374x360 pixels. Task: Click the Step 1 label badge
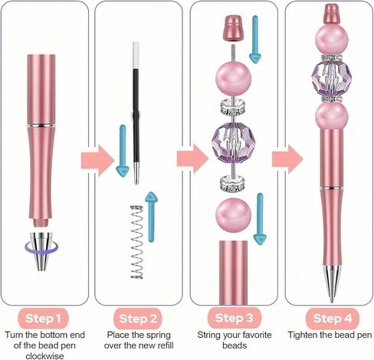click(x=43, y=319)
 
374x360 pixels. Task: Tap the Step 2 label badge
click(x=138, y=319)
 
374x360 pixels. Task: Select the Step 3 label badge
click(x=235, y=318)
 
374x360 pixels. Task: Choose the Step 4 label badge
click(x=333, y=319)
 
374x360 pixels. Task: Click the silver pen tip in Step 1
click(x=41, y=251)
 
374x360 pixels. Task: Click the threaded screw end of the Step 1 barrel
click(x=41, y=222)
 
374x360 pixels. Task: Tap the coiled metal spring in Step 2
click(x=136, y=241)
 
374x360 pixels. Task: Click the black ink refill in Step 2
click(x=136, y=113)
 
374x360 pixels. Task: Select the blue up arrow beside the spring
click(x=151, y=217)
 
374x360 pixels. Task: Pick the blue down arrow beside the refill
click(x=123, y=151)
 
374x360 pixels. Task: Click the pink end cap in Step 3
click(x=233, y=28)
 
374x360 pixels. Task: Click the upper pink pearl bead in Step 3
click(x=234, y=78)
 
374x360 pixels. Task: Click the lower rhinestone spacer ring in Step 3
click(x=233, y=184)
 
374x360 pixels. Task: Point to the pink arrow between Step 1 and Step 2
click(x=98, y=161)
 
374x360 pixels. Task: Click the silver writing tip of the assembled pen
click(x=332, y=284)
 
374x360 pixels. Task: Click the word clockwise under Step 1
click(x=44, y=356)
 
